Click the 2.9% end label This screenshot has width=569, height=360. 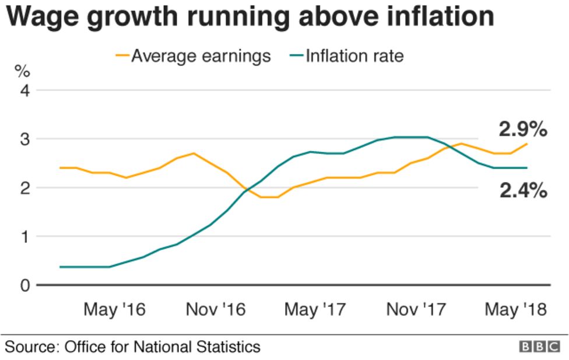522,129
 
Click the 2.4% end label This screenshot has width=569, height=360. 523,190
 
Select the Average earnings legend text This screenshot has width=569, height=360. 201,56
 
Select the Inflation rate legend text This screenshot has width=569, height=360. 354,56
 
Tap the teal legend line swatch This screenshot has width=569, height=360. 296,56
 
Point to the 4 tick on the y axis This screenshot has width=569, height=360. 25,90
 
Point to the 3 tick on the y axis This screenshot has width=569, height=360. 25,139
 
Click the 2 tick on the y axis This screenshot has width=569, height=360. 25,188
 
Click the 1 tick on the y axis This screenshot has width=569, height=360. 25,237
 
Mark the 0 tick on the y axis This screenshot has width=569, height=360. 25,285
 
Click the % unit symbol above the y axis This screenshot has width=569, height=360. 22,72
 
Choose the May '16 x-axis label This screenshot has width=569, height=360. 114,309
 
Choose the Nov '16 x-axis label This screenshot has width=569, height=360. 216,309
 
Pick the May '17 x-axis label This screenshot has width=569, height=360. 315,309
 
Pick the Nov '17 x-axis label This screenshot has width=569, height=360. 416,309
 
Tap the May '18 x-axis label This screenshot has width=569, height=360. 516,309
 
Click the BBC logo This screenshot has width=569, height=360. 539,347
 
